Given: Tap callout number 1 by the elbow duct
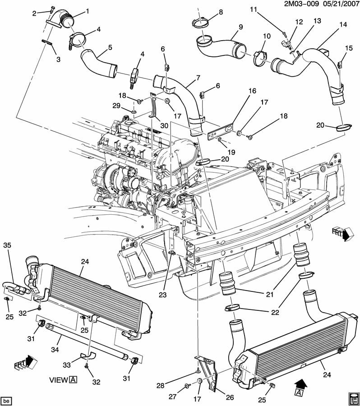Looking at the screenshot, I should tap(87, 11).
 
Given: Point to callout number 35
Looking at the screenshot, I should tap(7, 245).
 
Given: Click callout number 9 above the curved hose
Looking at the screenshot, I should tap(240, 27).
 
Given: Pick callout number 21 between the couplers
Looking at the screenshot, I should tap(270, 295).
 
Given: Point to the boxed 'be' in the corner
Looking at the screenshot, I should tap(6, 400).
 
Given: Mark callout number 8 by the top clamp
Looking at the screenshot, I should tap(220, 12).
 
